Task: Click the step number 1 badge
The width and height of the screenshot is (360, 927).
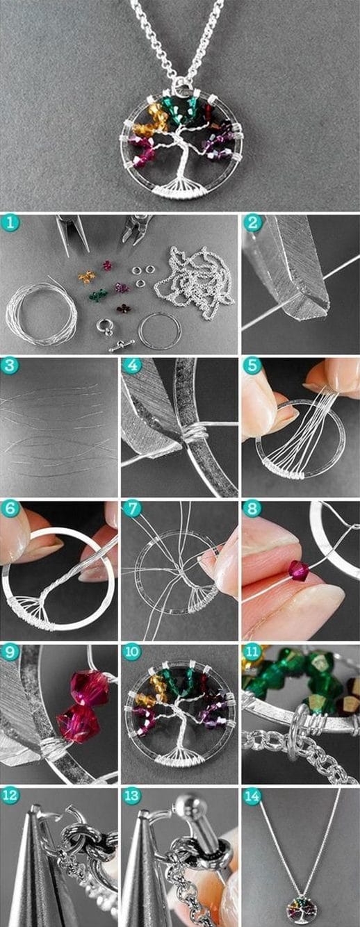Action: (10, 224)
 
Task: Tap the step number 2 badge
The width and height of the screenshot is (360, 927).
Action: (252, 224)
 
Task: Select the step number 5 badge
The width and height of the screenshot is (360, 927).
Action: (252, 366)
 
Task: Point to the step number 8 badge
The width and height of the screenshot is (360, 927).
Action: (252, 510)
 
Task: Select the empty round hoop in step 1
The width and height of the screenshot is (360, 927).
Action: (160, 329)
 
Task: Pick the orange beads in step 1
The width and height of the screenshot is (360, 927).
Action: (86, 277)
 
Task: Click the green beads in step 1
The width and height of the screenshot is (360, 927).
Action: (97, 295)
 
